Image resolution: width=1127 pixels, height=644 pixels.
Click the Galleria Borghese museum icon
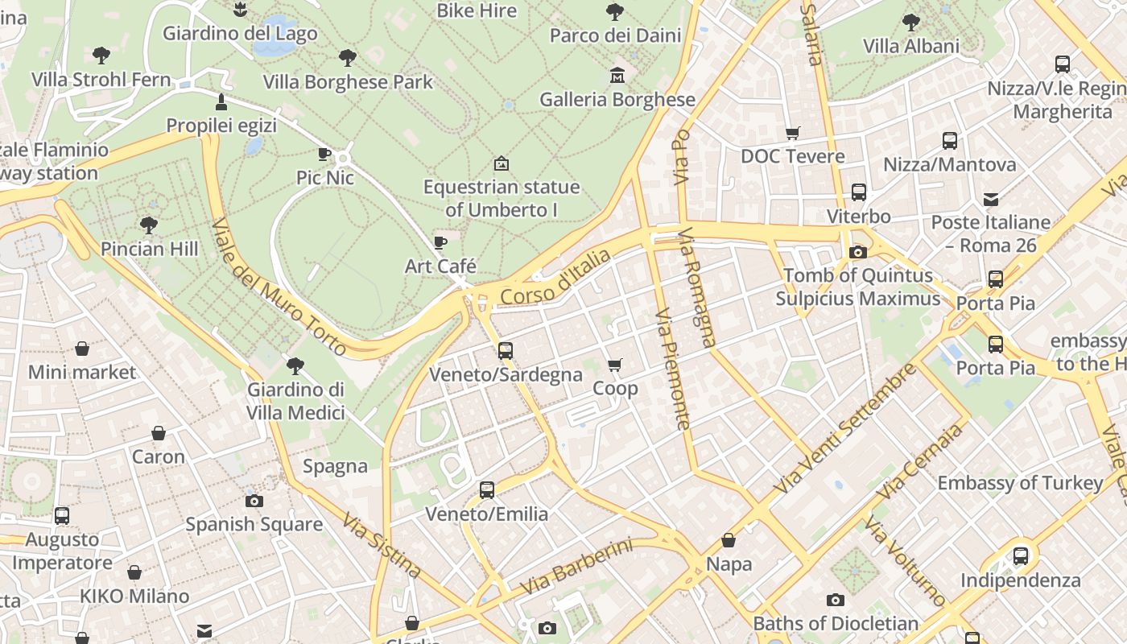(x=617, y=76)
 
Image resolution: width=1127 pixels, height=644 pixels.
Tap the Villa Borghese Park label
(x=348, y=82)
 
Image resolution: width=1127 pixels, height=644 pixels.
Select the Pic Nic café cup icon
(x=324, y=154)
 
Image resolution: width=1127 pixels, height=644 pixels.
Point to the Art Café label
(x=440, y=266)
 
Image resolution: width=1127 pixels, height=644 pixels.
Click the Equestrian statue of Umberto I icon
(x=501, y=163)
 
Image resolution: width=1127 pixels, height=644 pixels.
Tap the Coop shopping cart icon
(x=615, y=365)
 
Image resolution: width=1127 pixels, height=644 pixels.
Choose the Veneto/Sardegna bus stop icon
(x=506, y=351)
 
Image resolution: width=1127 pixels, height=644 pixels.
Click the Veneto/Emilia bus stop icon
(x=486, y=490)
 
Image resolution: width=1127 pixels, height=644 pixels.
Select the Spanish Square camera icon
(x=254, y=502)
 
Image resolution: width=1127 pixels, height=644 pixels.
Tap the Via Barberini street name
(x=576, y=568)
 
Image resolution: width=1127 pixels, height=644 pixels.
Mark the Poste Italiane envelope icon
(x=991, y=199)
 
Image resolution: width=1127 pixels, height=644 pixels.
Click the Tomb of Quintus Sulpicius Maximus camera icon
(x=858, y=253)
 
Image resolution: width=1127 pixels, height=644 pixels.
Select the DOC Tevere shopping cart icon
(x=793, y=133)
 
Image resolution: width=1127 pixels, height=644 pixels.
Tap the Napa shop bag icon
(x=729, y=541)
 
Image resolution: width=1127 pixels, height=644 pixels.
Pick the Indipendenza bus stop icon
(x=1021, y=556)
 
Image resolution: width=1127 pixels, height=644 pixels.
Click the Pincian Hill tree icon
(x=149, y=225)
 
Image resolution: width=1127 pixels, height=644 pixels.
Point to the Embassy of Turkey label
(x=1020, y=483)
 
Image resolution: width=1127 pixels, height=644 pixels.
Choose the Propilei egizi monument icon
(x=221, y=102)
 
